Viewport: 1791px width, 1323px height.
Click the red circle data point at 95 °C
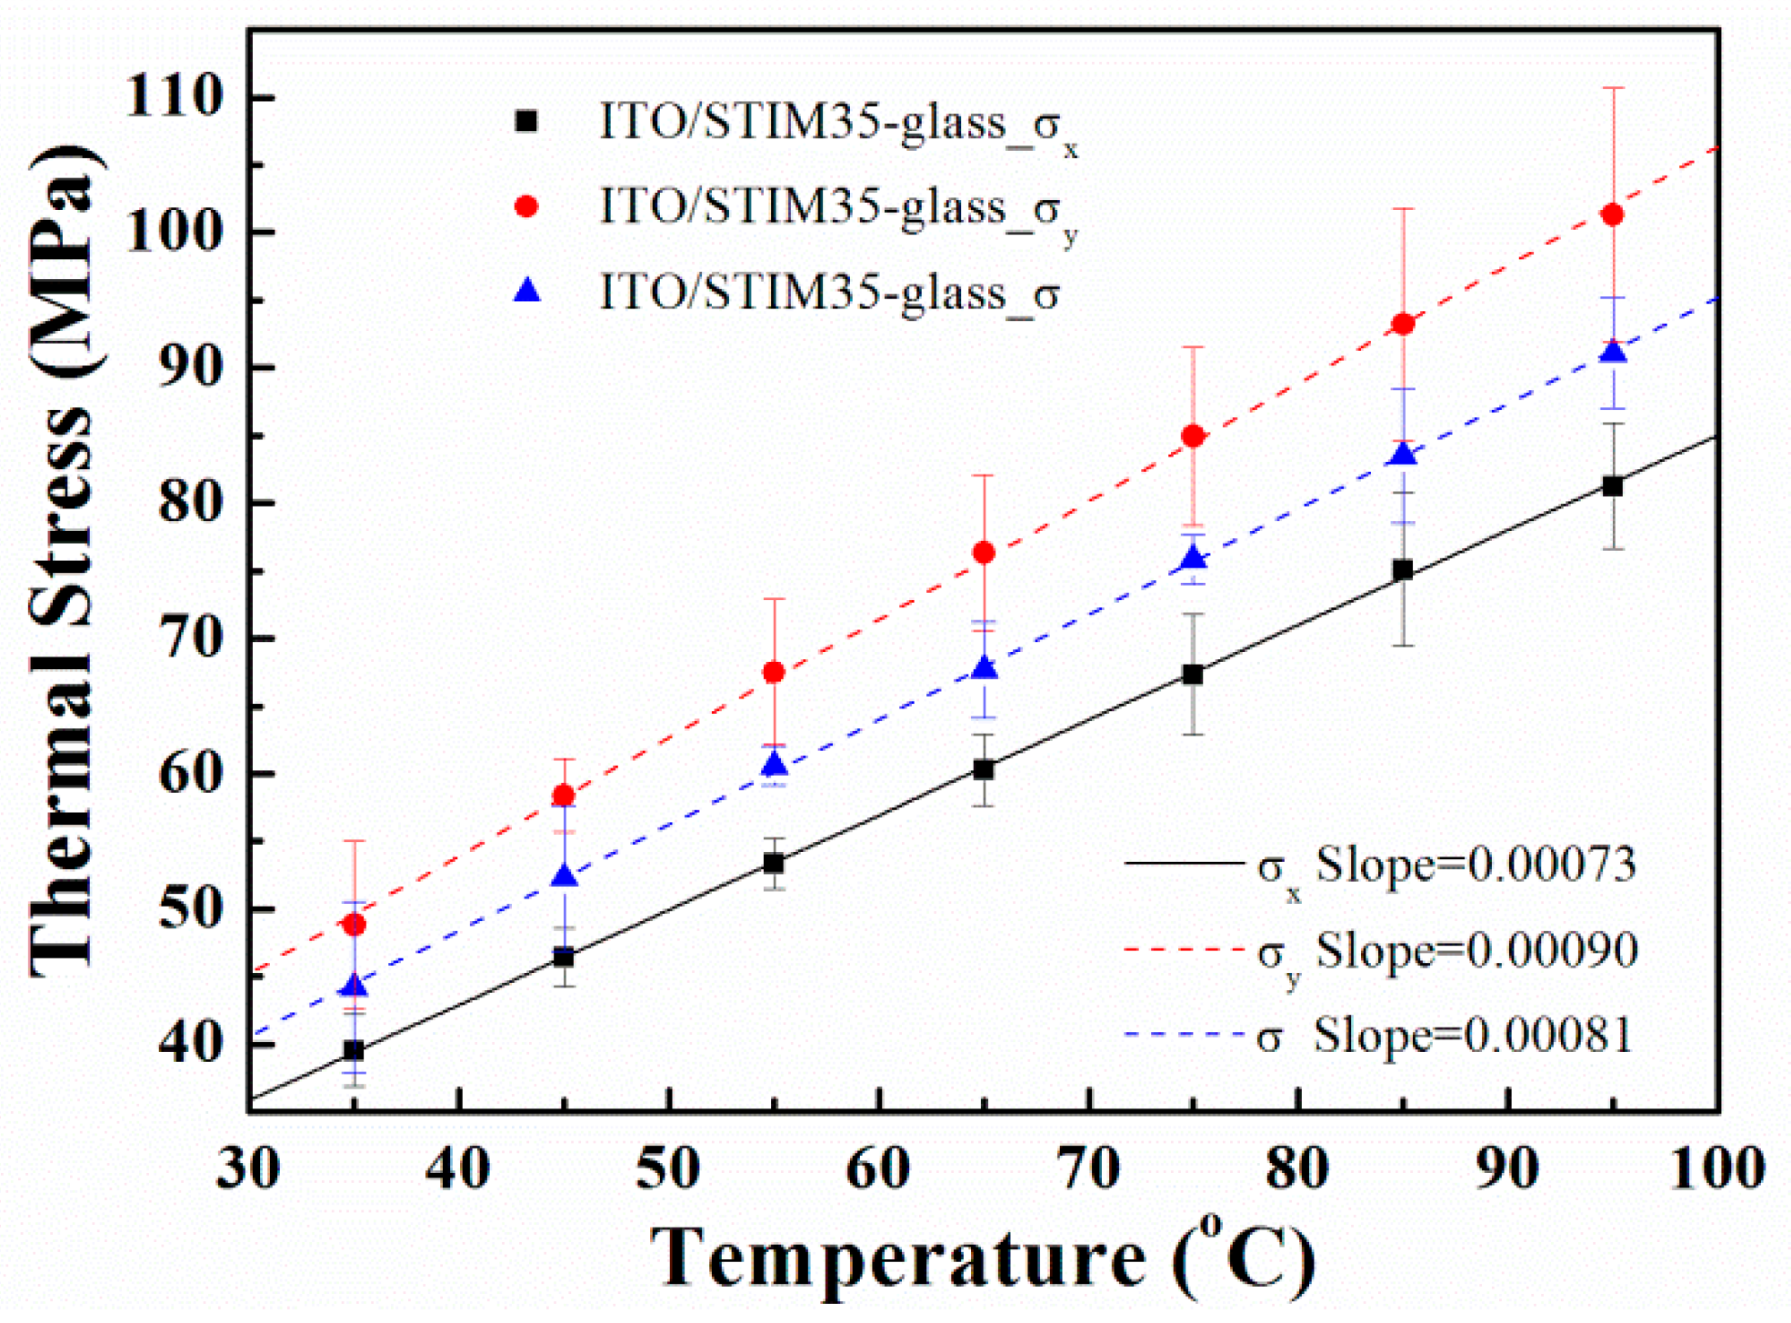1612,215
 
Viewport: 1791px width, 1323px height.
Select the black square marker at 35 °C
354,1050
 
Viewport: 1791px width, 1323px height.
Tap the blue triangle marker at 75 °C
1193,559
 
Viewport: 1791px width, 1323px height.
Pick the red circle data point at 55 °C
774,672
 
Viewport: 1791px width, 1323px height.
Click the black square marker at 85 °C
1403,570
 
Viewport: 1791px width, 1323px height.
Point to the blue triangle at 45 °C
565,877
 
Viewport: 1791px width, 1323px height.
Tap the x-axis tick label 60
878,1168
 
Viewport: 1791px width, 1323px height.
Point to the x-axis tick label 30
248,1168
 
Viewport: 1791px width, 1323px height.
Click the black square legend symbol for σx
526,121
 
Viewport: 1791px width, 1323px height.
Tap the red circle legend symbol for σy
526,206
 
